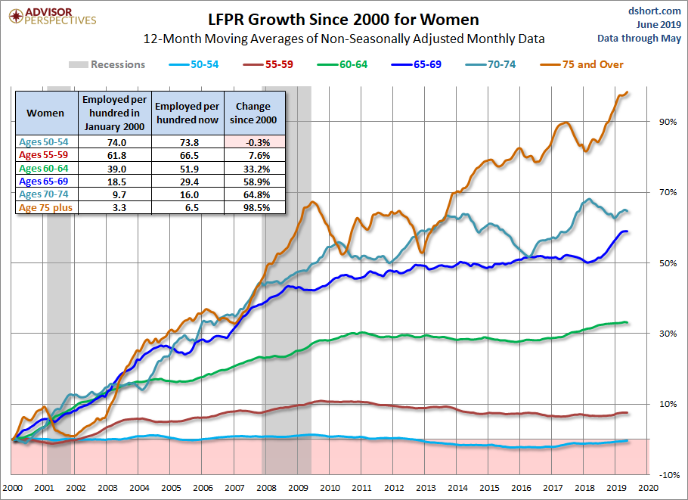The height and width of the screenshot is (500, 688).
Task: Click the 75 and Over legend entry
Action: (581, 64)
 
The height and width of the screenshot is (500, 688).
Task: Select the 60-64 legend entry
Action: (342, 64)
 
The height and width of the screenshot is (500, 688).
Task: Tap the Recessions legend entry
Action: (107, 64)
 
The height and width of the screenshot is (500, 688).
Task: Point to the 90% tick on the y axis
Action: (668, 122)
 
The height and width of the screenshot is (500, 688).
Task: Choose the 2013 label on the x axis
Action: (426, 488)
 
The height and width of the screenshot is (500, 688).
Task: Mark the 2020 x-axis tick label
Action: (649, 488)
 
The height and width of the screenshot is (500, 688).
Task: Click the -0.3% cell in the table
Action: (255, 142)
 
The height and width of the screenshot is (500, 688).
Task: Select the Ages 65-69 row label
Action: (44, 182)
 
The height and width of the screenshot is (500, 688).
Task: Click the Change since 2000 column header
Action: (253, 113)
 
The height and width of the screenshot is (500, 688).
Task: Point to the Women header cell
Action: (45, 113)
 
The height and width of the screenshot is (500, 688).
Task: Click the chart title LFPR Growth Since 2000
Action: (343, 20)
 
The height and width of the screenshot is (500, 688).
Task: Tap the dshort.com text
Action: (655, 11)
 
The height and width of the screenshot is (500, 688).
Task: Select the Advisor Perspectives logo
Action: (53, 16)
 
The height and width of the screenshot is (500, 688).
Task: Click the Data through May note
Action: (640, 39)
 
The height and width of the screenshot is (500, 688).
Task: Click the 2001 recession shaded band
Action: (59, 281)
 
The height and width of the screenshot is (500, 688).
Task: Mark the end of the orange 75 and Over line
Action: (628, 92)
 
